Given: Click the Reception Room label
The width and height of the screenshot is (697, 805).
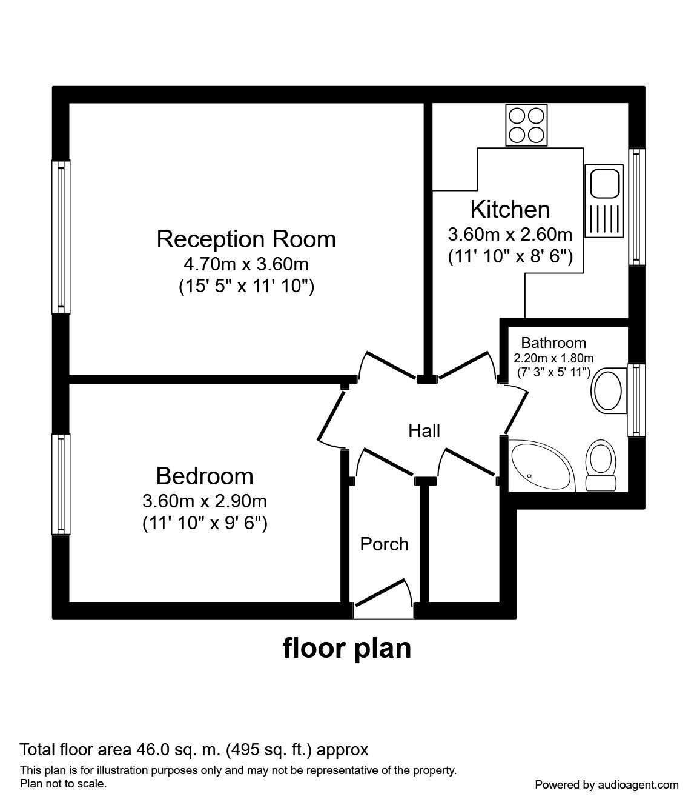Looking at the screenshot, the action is pyautogui.click(x=246, y=239).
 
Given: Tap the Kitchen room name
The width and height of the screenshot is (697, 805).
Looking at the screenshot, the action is pyautogui.click(x=510, y=210).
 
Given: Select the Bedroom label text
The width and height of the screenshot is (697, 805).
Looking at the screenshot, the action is pyautogui.click(x=205, y=476).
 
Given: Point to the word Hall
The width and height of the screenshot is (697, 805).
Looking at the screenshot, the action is pyautogui.click(x=424, y=431).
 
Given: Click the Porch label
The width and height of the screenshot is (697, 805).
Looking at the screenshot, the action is pyautogui.click(x=384, y=544).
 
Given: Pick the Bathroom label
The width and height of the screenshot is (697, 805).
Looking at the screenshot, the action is pyautogui.click(x=553, y=343).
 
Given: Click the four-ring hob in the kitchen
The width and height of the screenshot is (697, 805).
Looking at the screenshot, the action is pyautogui.click(x=526, y=125).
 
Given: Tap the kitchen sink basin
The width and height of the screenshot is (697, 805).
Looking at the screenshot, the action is pyautogui.click(x=604, y=183).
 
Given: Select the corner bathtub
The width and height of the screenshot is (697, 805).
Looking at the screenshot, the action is pyautogui.click(x=543, y=466).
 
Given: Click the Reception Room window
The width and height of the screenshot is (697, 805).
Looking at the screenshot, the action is pyautogui.click(x=61, y=237).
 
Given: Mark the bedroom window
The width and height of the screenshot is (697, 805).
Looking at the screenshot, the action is pyautogui.click(x=61, y=484).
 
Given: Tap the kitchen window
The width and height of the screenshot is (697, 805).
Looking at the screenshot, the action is pyautogui.click(x=636, y=207).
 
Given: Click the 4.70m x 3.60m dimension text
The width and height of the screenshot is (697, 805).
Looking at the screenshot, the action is pyautogui.click(x=246, y=264).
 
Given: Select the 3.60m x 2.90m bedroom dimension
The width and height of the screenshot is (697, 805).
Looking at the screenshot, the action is pyautogui.click(x=205, y=501).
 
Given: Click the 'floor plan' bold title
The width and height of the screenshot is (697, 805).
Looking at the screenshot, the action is pyautogui.click(x=347, y=649).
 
